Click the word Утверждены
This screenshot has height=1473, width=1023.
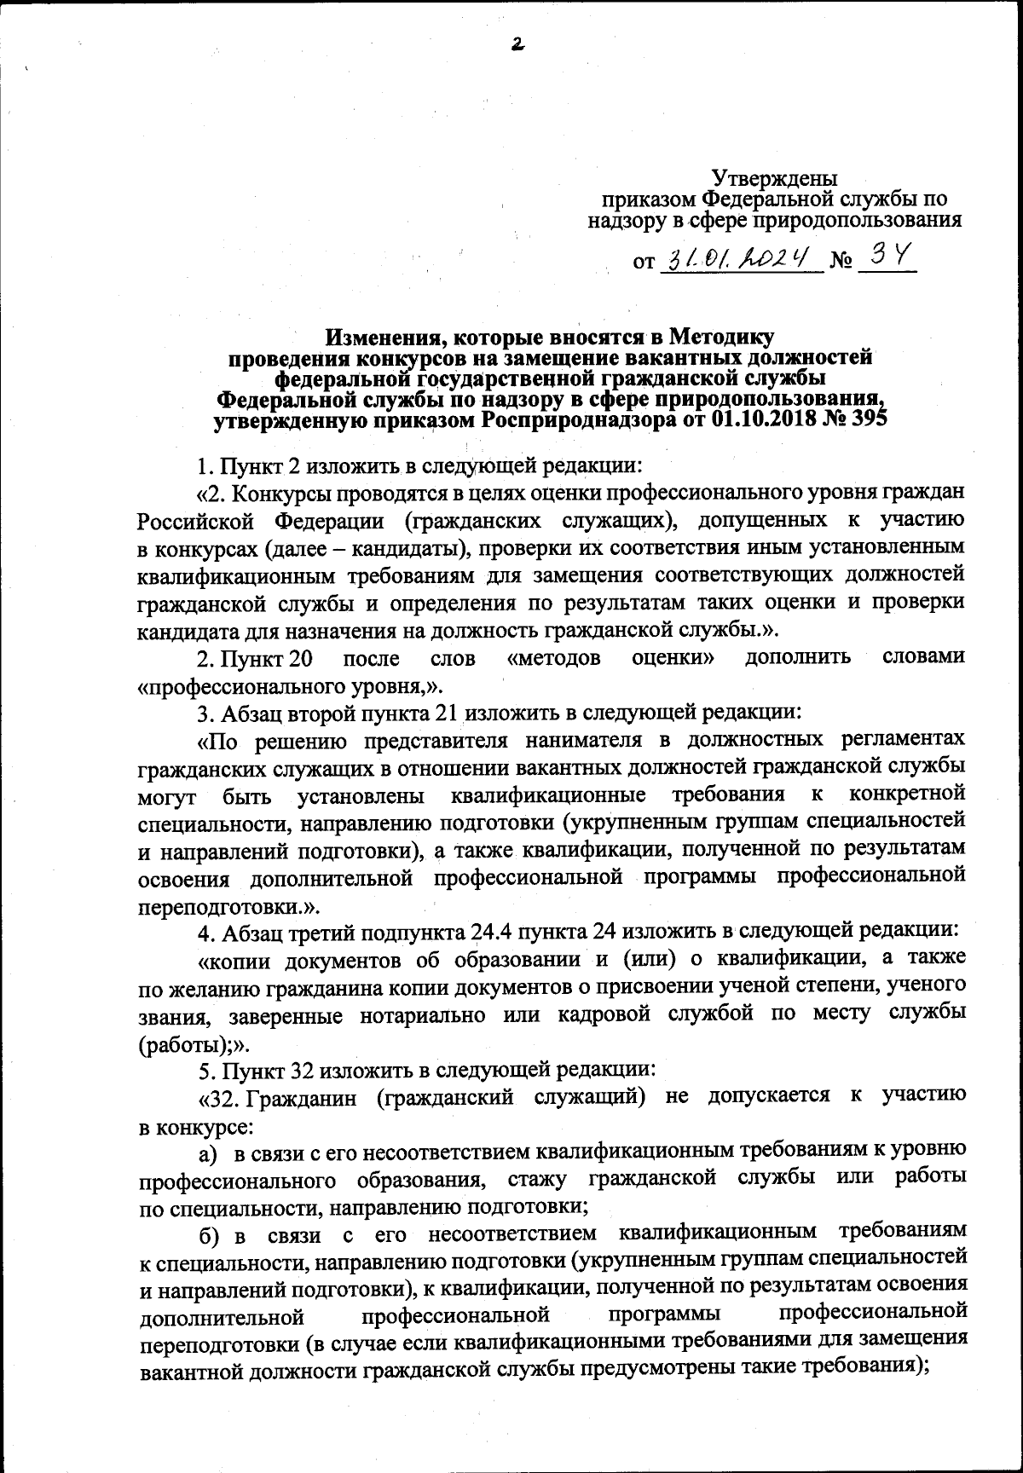coord(774,179)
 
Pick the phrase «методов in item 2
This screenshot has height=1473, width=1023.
coord(553,658)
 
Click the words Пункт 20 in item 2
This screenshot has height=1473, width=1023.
coord(254,658)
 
